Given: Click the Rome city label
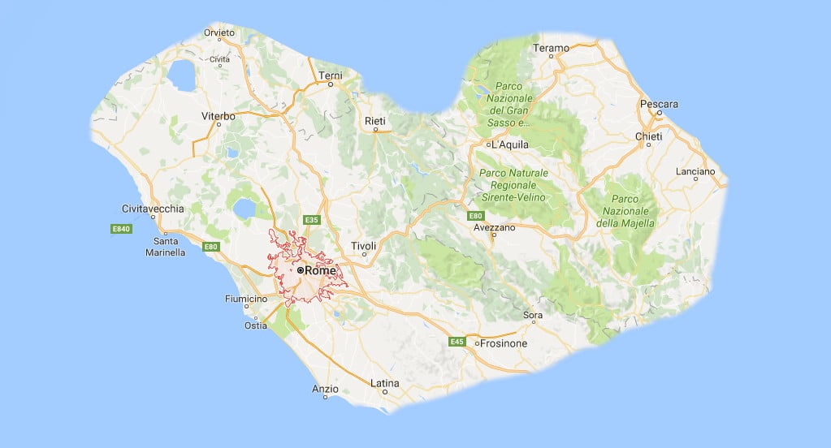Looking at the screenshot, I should [x=320, y=269].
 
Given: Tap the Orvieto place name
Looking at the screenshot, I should [x=219, y=32].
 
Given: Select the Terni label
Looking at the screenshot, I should [x=331, y=75].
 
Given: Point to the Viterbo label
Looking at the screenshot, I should [x=218, y=116].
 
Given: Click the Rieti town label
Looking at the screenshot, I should [x=374, y=121].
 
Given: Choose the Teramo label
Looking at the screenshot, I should [x=551, y=49].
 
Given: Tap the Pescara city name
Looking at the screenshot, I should [x=658, y=104].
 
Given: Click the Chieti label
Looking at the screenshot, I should [x=648, y=136].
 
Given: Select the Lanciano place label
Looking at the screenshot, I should [x=695, y=171].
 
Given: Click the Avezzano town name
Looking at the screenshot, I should [x=495, y=227].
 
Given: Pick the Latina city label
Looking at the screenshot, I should [x=384, y=382].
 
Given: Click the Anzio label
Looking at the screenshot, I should [x=325, y=390].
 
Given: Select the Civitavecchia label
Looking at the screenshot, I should [x=153, y=208].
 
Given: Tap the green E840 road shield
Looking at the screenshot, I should [x=121, y=230].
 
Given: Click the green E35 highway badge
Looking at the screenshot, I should [x=310, y=220].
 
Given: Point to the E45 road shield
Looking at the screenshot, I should [x=457, y=342].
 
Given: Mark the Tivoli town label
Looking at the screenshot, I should [x=363, y=245].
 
